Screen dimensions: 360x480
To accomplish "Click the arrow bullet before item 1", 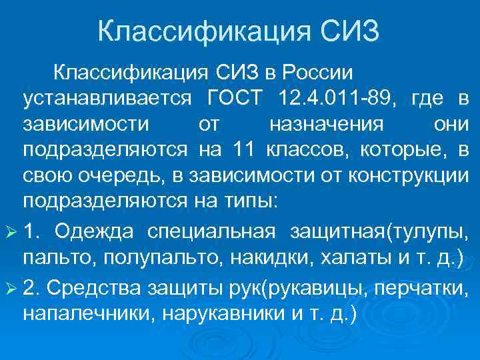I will pos(11,231).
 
